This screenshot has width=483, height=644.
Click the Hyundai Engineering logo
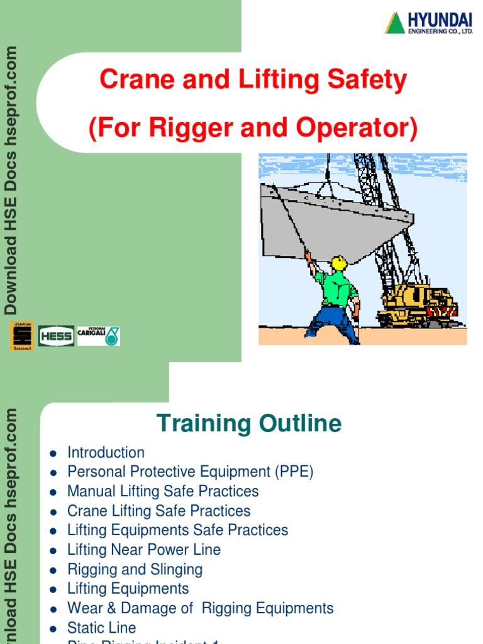[428, 23]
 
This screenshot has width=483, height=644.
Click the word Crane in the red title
[134, 80]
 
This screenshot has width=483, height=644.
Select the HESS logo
[57, 336]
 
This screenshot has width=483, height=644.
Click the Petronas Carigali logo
[99, 335]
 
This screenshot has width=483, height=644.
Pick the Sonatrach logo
[22, 336]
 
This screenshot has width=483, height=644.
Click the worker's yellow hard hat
[339, 262]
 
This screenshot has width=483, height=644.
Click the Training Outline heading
[248, 423]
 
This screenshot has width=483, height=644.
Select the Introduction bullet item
[106, 452]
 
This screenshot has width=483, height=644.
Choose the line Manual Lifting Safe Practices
[163, 491]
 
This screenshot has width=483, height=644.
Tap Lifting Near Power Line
[144, 550]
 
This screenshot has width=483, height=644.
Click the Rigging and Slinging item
[135, 569]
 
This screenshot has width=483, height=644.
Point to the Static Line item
[101, 628]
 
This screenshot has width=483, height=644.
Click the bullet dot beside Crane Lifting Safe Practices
[54, 511]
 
